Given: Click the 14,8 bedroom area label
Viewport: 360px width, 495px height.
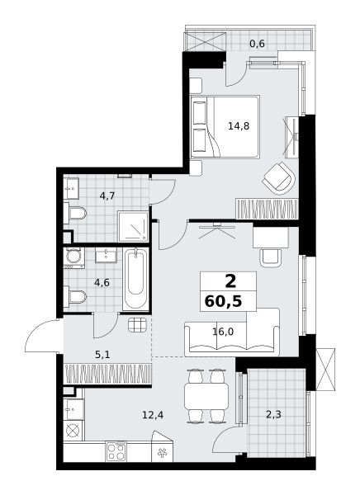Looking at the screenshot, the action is (x=239, y=126).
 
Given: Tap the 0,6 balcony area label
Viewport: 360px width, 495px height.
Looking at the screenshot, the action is (x=257, y=44).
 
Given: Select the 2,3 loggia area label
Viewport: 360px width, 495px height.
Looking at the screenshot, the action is (x=273, y=414).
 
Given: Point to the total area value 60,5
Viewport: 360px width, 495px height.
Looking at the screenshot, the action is (x=223, y=301).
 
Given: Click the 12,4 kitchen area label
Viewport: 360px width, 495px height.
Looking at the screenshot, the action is (x=153, y=415).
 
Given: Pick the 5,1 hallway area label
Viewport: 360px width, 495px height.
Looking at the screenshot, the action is (x=102, y=355).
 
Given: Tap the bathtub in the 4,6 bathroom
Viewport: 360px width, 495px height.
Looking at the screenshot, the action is (x=135, y=279).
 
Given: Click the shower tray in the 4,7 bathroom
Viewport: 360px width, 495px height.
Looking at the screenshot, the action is (x=133, y=227).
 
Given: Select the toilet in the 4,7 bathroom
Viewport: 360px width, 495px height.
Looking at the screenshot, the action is (x=75, y=213).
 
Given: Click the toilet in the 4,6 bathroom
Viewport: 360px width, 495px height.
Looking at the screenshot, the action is (x=75, y=297).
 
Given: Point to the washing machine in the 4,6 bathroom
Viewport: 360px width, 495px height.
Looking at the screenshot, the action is (x=74, y=257).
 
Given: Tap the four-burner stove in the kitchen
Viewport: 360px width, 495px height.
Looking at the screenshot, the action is (x=116, y=452).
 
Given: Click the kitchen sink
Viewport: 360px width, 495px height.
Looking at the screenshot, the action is (x=74, y=409).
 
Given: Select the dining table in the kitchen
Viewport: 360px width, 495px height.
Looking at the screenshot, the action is (x=206, y=395).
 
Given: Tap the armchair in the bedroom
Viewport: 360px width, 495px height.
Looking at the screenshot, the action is (x=279, y=178).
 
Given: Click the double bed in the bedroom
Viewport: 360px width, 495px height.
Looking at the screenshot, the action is (x=225, y=126).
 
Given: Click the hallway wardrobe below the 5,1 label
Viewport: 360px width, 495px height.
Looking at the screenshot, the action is (x=108, y=374).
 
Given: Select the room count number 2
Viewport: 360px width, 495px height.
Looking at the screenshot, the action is (x=230, y=281).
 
